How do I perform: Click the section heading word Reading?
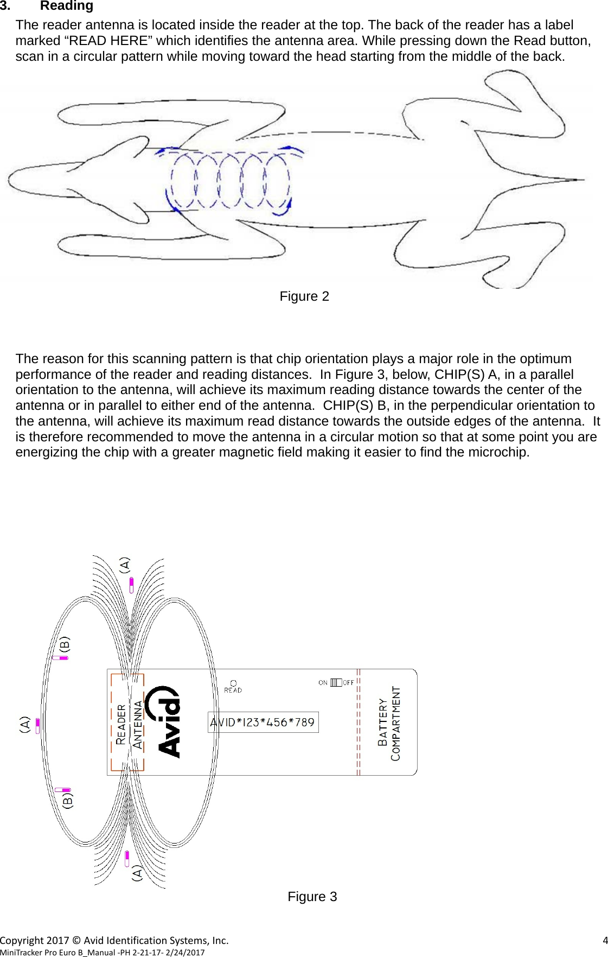click(x=66, y=6)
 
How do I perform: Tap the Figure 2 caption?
click(x=304, y=296)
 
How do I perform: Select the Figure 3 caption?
click(x=312, y=897)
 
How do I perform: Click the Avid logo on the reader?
click(x=169, y=722)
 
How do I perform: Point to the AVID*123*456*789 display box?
click(x=263, y=722)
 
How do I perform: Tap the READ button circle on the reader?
click(x=233, y=683)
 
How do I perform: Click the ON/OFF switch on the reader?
click(x=336, y=682)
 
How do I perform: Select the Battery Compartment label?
click(x=389, y=724)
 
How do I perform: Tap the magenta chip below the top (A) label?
click(x=131, y=585)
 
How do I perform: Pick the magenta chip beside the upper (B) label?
click(x=60, y=658)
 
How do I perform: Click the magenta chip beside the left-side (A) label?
click(x=37, y=725)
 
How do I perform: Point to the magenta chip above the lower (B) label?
click(x=62, y=790)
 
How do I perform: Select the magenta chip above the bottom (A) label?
click(x=127, y=859)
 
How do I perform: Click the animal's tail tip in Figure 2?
click(x=583, y=180)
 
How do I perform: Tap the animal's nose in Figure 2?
click(x=9, y=180)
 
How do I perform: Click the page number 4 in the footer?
click(x=605, y=940)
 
